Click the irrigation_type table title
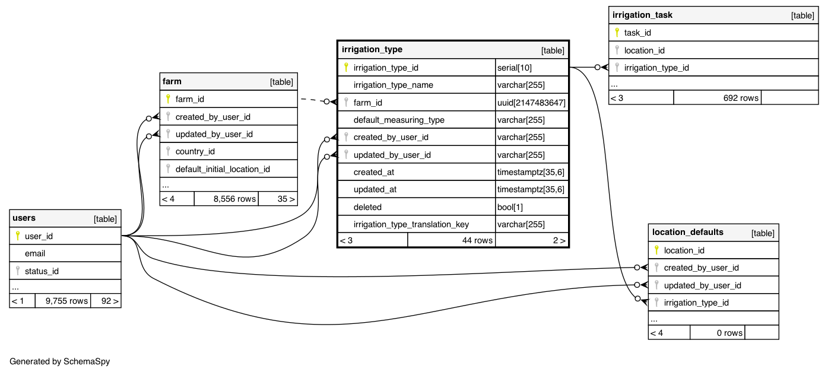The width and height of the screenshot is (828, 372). tap(372, 49)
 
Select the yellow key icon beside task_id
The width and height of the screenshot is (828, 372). tap(617, 33)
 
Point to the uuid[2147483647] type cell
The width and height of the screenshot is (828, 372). tap(531, 103)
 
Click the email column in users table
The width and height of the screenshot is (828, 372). tap(35, 253)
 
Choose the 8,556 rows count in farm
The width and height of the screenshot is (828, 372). tap(234, 199)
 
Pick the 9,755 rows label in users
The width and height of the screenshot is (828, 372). tap(67, 301)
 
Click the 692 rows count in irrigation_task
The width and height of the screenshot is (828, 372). tap(741, 98)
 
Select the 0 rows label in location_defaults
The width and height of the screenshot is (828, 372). tap(729, 333)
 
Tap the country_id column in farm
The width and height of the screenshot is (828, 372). tap(195, 151)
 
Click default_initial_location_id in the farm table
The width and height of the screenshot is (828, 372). tap(223, 169)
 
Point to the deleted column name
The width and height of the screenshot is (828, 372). tap(367, 207)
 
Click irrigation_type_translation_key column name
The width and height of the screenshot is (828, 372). tap(411, 224)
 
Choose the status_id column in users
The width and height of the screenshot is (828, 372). tap(42, 271)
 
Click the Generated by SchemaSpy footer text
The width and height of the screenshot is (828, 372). tap(60, 361)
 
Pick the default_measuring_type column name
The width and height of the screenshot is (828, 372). tap(399, 120)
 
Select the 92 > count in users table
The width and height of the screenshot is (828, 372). tap(110, 301)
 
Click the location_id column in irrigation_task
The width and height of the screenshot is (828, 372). tap(644, 50)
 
